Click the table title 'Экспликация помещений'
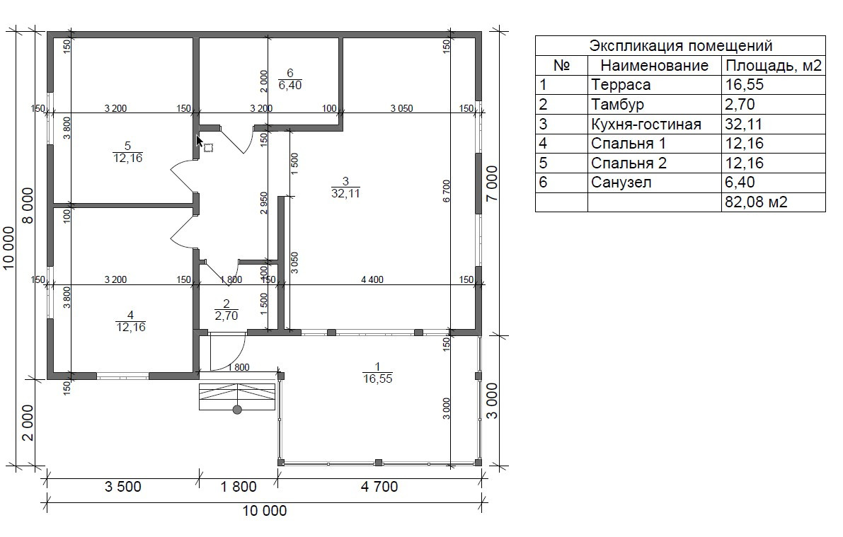[680, 46]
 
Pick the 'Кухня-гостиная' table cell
[646, 125]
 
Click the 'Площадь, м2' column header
[773, 66]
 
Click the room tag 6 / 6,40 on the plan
[290, 79]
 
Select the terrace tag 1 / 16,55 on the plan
[377, 372]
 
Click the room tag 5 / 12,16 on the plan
[127, 152]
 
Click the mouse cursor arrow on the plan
[200, 143]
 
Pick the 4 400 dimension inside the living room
[372, 279]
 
